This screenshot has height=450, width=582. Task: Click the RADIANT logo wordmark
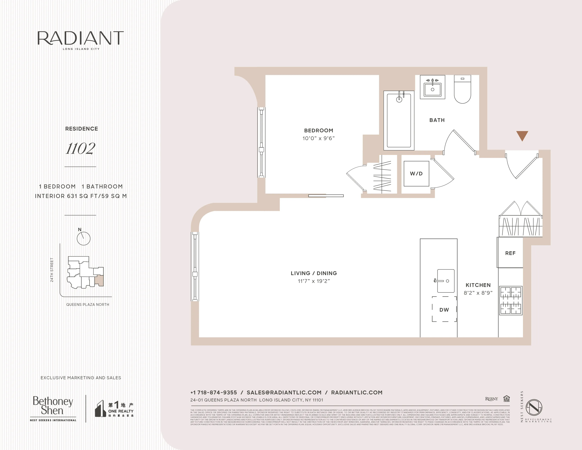(x=80, y=38)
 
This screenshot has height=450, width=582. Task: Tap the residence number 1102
(x=80, y=148)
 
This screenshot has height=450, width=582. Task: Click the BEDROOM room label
(x=319, y=131)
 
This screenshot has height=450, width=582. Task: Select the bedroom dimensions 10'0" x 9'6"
(x=319, y=138)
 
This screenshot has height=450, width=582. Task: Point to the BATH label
(x=437, y=120)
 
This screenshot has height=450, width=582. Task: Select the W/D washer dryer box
(x=416, y=173)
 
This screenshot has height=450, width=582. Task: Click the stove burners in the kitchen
(x=511, y=301)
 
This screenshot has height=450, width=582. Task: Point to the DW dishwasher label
(x=444, y=310)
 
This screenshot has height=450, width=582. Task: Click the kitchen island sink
(x=445, y=281)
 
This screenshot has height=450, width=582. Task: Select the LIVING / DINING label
(x=314, y=273)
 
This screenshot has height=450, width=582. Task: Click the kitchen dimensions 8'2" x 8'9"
(x=478, y=293)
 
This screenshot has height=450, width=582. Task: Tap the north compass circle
(x=83, y=238)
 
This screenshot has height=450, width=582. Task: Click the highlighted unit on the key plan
(x=99, y=280)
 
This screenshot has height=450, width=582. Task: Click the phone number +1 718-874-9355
(x=213, y=392)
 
